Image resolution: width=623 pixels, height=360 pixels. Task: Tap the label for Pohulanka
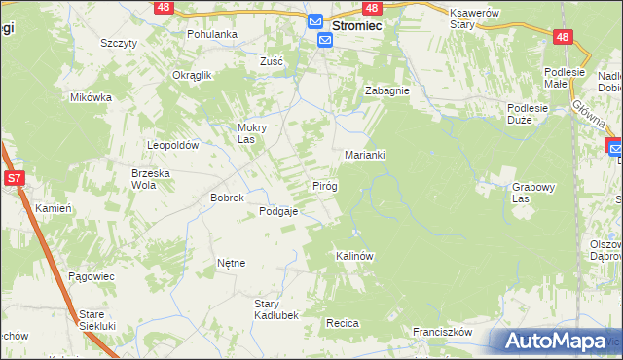click(x=212, y=33)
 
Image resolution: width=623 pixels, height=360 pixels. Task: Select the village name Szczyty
click(x=118, y=43)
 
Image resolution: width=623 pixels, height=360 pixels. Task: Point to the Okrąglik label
click(x=192, y=75)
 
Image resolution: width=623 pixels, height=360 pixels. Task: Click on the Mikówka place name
click(x=92, y=97)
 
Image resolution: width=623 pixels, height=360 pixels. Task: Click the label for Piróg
click(x=324, y=185)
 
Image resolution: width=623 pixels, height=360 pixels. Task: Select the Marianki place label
click(x=366, y=155)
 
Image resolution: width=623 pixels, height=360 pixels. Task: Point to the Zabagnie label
click(x=386, y=90)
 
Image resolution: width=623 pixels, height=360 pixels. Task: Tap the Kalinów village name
click(x=354, y=256)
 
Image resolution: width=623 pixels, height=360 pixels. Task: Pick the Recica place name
click(x=344, y=323)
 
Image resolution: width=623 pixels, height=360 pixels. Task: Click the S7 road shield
click(x=14, y=178)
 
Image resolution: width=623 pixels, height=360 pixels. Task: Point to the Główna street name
click(x=589, y=115)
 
